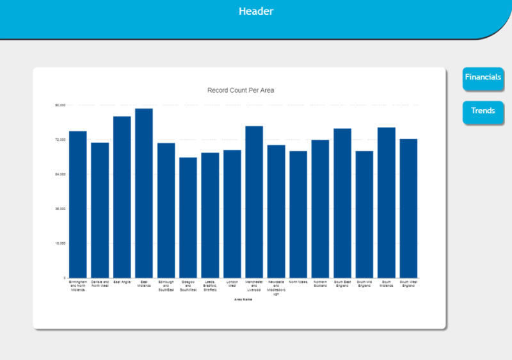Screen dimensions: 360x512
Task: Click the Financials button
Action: pos(483,78)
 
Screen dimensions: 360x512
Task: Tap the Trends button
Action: pos(483,111)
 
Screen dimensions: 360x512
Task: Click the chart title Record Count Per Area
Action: pos(241,90)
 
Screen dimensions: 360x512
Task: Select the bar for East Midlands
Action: pos(144,192)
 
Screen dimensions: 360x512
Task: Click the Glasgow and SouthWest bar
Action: pos(188,217)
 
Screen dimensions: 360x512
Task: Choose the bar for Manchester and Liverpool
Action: pos(254,201)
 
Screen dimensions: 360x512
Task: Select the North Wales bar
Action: pos(298,214)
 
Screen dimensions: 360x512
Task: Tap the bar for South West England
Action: pos(408,208)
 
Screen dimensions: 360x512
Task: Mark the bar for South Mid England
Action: pos(364,214)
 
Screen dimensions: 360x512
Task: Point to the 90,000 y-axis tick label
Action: pos(61,105)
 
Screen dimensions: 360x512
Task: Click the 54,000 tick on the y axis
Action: pos(61,174)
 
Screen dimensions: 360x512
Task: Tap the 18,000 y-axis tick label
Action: pos(61,243)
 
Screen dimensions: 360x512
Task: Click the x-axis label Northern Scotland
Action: pos(321,283)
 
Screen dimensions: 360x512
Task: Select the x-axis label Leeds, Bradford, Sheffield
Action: pos(210,285)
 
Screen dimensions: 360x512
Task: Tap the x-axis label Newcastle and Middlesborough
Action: pos(276,287)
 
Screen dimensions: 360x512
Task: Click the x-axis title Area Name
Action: pos(243,299)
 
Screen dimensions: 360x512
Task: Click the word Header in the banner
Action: pos(256,12)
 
